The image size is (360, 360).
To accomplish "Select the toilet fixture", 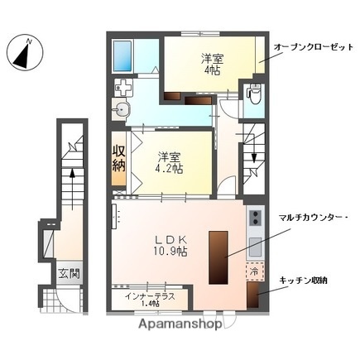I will coord(254,98).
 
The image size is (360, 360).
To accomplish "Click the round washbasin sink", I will coord(124,110).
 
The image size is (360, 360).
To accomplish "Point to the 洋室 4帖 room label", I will coord(212,65).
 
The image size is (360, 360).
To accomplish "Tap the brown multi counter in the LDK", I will coord(219,254).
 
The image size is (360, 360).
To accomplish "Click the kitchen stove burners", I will coord(255,219).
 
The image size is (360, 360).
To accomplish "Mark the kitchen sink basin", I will coord(255,247).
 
